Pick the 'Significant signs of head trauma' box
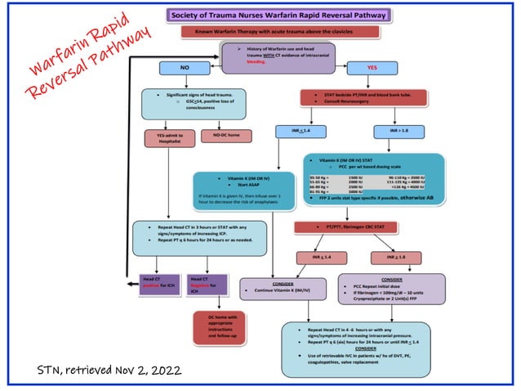pyautogui.click(x=205, y=103)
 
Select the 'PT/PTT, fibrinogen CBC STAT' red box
pyautogui.click(x=368, y=226)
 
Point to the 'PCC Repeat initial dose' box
pyautogui.click(x=392, y=289)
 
